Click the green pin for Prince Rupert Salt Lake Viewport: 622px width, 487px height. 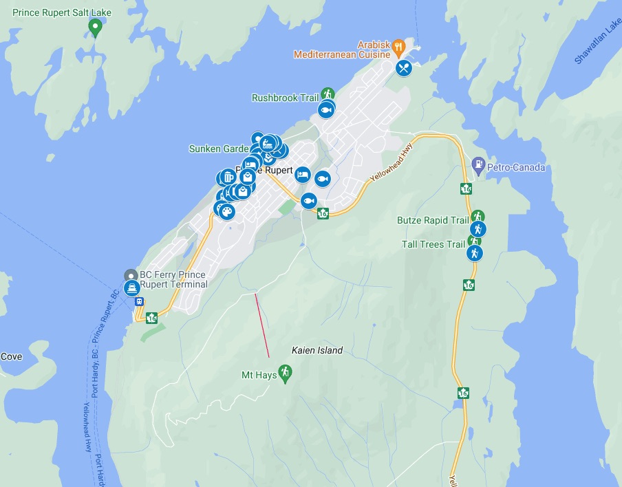click(x=96, y=27)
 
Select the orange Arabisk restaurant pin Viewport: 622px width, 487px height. click(x=398, y=46)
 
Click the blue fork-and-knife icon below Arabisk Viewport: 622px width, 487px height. click(x=404, y=68)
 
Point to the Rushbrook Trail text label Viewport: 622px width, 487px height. click(x=285, y=98)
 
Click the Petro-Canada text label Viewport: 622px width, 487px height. click(x=516, y=167)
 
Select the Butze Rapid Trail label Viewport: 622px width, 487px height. click(x=432, y=220)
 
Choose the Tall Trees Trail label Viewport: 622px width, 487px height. click(x=433, y=244)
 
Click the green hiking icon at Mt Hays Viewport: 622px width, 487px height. click(x=286, y=372)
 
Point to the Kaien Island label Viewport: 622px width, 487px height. click(x=317, y=350)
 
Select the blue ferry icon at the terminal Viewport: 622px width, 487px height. click(x=131, y=288)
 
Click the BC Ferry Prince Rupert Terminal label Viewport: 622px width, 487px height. click(x=173, y=279)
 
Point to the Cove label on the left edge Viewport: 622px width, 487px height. click(x=11, y=356)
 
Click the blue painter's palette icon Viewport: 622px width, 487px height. click(x=226, y=211)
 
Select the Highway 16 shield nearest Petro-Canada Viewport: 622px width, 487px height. click(x=466, y=188)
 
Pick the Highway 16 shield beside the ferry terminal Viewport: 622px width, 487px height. click(x=151, y=317)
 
